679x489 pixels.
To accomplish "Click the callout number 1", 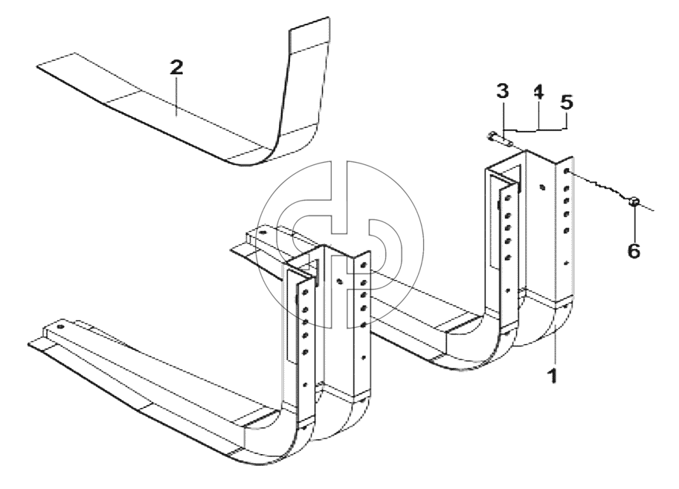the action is pyautogui.click(x=553, y=375).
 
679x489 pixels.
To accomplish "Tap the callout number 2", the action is pyautogui.click(x=176, y=68).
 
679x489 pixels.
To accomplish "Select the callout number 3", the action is pyautogui.click(x=502, y=91).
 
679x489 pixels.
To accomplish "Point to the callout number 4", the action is pyautogui.click(x=538, y=91).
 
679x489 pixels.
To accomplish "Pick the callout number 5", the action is pyautogui.click(x=567, y=102).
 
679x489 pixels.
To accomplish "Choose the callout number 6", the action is pyautogui.click(x=634, y=251).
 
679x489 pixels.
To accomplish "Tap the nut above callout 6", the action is pyautogui.click(x=634, y=201).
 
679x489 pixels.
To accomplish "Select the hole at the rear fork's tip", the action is pyautogui.click(x=261, y=233).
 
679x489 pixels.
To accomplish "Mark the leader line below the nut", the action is pyautogui.click(x=634, y=223).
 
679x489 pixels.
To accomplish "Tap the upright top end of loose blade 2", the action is pyautogui.click(x=309, y=24).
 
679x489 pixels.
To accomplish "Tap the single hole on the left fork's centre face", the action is pyautogui.click(x=340, y=281).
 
